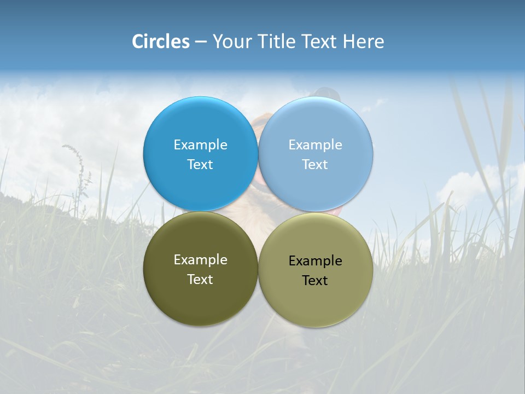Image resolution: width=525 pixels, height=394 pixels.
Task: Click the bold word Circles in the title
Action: (x=161, y=42)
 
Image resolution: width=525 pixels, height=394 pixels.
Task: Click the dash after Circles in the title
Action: (x=201, y=42)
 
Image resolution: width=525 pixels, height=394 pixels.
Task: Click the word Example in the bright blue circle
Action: (x=200, y=144)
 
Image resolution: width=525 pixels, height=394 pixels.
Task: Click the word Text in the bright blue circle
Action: (x=200, y=164)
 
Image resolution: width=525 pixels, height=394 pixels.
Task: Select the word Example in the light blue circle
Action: (x=315, y=144)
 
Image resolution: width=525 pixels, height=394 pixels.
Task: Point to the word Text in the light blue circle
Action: (x=315, y=164)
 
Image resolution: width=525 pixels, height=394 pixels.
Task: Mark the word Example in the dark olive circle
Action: (x=200, y=259)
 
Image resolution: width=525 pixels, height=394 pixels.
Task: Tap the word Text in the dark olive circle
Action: (x=200, y=279)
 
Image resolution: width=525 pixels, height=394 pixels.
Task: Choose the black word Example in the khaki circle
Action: (x=315, y=260)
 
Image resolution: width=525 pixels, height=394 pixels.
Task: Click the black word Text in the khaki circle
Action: (x=315, y=280)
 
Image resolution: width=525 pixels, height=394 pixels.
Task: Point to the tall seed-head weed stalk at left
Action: (x=80, y=170)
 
